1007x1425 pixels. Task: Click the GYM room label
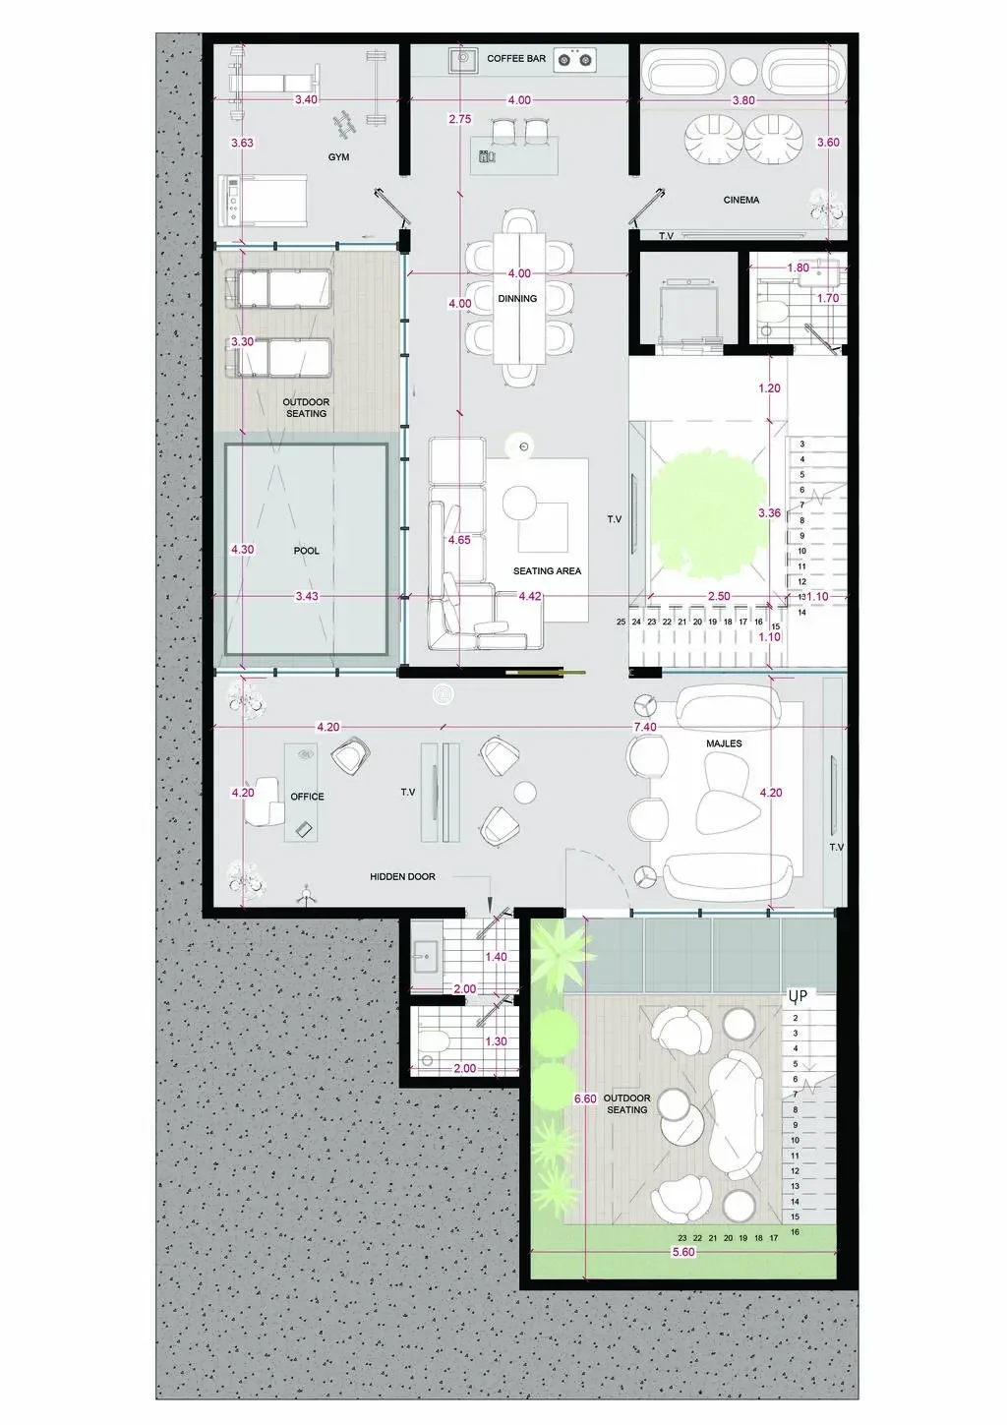(x=338, y=157)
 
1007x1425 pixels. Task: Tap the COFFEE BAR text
(x=516, y=59)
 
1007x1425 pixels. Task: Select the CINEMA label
(x=741, y=200)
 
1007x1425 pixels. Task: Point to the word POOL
(x=306, y=551)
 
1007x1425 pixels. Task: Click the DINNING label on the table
(x=517, y=298)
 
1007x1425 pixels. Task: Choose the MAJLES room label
(x=724, y=743)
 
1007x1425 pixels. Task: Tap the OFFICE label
(x=307, y=797)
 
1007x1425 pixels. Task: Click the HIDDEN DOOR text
(x=402, y=876)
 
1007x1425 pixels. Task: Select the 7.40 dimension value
(x=645, y=727)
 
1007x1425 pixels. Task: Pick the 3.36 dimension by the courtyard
(x=769, y=512)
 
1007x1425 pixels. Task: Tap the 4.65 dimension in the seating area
(x=459, y=540)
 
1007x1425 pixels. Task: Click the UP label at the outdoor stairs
(x=798, y=995)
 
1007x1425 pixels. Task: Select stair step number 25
(x=621, y=622)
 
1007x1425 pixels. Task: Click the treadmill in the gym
(x=263, y=200)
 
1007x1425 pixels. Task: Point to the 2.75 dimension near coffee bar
(x=459, y=119)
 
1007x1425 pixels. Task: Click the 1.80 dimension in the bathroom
(x=798, y=267)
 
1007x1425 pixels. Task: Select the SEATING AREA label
(x=547, y=571)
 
